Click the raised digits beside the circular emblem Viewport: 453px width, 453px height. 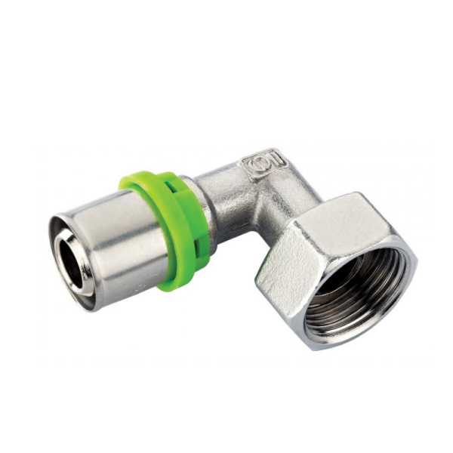[273, 160]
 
